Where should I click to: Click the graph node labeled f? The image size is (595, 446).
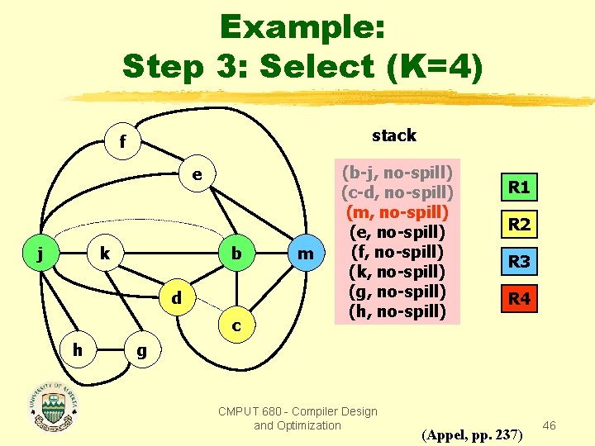tap(122, 142)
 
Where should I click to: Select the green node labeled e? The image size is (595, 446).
tap(196, 175)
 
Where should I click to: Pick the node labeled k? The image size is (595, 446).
tap(104, 253)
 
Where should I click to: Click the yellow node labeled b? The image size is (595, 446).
tap(236, 253)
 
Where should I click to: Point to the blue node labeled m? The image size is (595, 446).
tap(306, 254)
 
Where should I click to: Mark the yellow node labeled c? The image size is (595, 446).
tap(236, 326)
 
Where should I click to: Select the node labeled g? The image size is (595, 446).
tap(141, 349)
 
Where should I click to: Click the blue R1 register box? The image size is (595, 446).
tap(519, 187)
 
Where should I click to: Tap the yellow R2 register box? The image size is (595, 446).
tap(519, 225)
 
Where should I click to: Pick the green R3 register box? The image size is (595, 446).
tap(519, 263)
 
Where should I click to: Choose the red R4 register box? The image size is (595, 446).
tap(519, 299)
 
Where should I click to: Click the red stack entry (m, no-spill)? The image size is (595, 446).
tap(397, 212)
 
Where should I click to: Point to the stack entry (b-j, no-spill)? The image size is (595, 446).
tap(397, 173)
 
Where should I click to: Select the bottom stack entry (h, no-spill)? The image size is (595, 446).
tap(397, 311)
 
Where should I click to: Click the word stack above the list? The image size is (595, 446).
tap(394, 135)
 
